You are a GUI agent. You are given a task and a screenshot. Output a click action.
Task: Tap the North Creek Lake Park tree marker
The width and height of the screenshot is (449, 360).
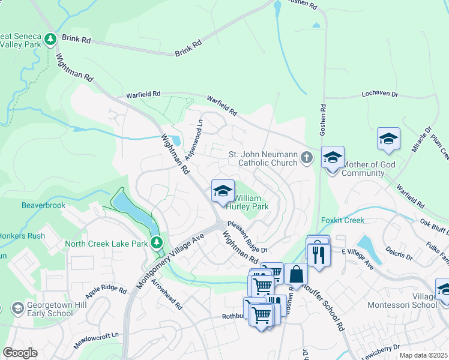pyautogui.click(x=157, y=243)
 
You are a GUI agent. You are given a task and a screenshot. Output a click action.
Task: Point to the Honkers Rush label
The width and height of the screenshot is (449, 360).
pyautogui.click(x=22, y=235)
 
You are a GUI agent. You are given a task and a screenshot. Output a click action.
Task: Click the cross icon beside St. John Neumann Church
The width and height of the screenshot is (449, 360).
pyautogui.click(x=306, y=158)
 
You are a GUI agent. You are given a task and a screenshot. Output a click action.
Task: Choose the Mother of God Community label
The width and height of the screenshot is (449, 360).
pyautogui.click(x=363, y=169)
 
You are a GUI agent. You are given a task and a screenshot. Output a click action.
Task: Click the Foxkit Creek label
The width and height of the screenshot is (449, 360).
pyautogui.click(x=342, y=220)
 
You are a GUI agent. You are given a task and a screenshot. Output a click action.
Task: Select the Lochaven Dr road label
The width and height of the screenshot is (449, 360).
pyautogui.click(x=380, y=94)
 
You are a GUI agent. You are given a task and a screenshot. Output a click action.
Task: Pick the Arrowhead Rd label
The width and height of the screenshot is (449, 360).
pyautogui.click(x=167, y=294)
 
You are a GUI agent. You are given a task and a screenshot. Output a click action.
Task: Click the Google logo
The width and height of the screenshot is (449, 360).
pyautogui.click(x=20, y=352)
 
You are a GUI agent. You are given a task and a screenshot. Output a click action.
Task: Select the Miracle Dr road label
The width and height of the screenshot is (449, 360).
pyautogui.click(x=424, y=139)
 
